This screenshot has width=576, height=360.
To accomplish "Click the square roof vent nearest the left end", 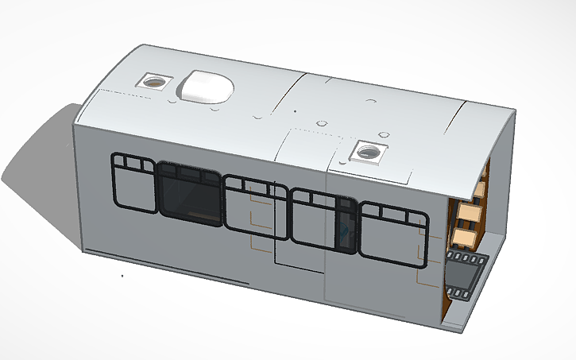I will coord(153,81).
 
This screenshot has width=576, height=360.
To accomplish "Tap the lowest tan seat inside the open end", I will coord(464,238).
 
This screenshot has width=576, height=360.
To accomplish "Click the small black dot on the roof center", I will coord(295,110).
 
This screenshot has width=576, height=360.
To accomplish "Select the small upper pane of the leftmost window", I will coord(125,164).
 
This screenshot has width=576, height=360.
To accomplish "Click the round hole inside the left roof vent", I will coord(154,81).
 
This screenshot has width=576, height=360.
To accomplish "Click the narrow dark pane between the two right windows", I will coord(346,226).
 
